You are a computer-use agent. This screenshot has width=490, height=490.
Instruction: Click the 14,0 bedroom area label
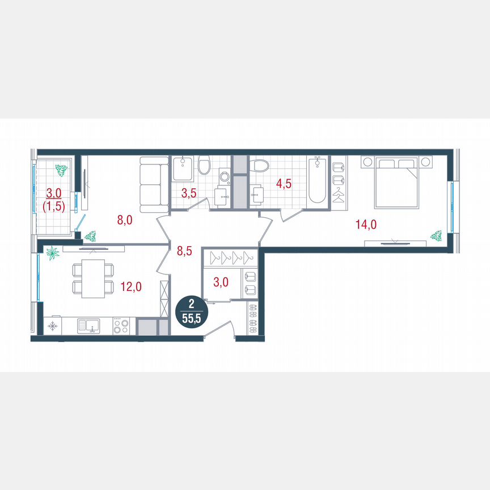coord(366,225)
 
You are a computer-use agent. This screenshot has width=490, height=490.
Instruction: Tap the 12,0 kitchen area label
coord(132,287)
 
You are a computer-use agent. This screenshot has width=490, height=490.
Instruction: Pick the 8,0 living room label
coord(125,220)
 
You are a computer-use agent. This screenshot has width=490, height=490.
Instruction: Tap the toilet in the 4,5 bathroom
coord(261,167)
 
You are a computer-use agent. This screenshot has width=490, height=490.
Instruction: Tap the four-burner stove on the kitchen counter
coord(121,326)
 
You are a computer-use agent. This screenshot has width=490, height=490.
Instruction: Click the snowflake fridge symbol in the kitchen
coord(53,326)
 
